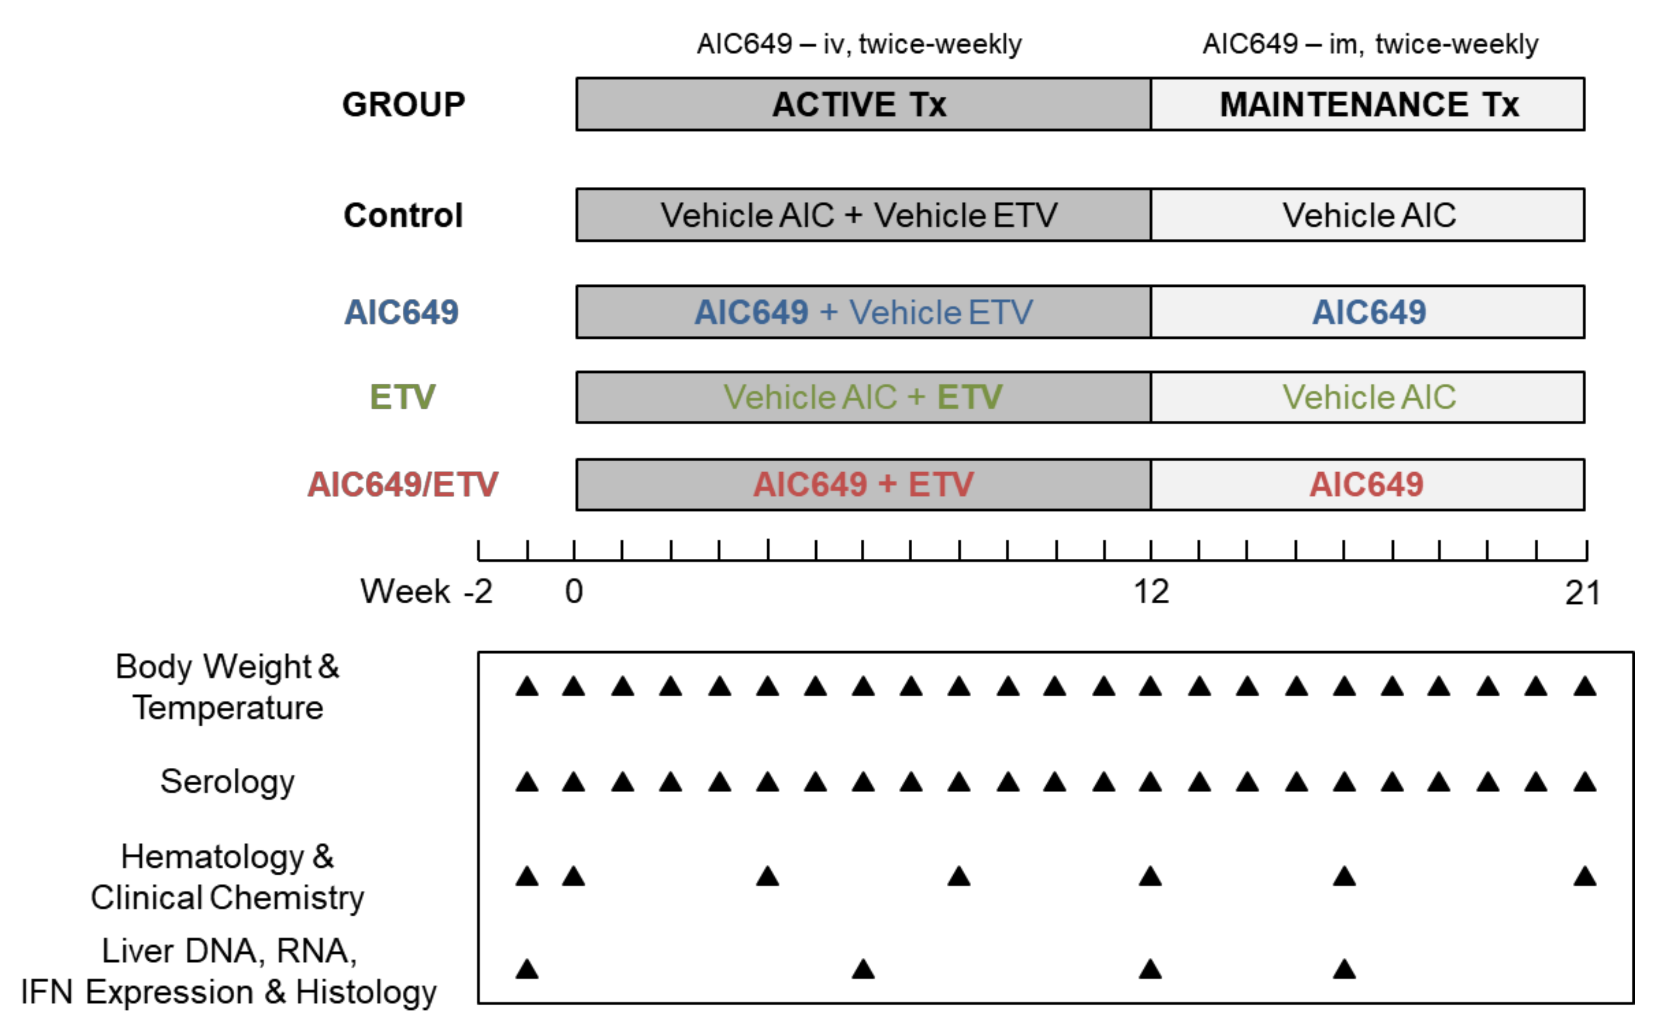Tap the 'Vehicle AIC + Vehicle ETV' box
(x=863, y=215)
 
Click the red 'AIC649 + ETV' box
(x=863, y=485)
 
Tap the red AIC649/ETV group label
(x=402, y=485)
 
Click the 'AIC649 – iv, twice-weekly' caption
(x=858, y=44)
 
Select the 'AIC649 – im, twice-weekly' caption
(x=1370, y=44)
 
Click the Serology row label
(x=227, y=782)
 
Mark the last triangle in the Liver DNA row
(x=1344, y=969)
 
